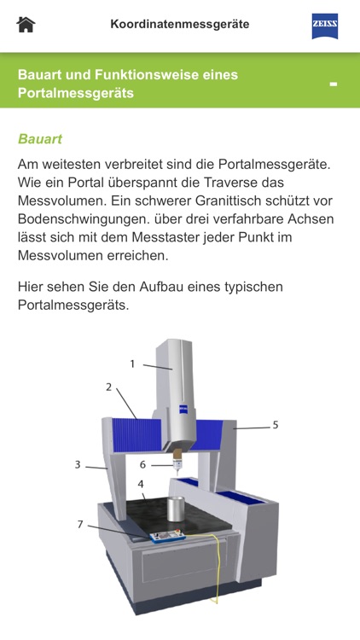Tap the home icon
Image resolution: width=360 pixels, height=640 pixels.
tap(26, 24)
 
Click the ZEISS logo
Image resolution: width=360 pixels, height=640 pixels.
tap(325, 26)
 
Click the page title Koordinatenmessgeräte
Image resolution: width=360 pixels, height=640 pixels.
tap(180, 24)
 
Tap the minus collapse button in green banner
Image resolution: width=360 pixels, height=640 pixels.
tap(334, 84)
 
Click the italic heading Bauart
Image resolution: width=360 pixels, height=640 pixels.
tap(40, 138)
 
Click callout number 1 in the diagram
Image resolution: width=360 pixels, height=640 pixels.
tap(133, 364)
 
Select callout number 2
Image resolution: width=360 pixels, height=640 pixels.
tap(109, 387)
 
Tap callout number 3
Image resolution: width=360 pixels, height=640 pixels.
tap(78, 465)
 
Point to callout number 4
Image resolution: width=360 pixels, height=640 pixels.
tap(142, 484)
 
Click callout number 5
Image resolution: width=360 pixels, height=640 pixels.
tap(276, 424)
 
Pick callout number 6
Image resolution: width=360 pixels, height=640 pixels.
tap(143, 465)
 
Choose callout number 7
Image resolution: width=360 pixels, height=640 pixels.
tap(80, 524)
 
